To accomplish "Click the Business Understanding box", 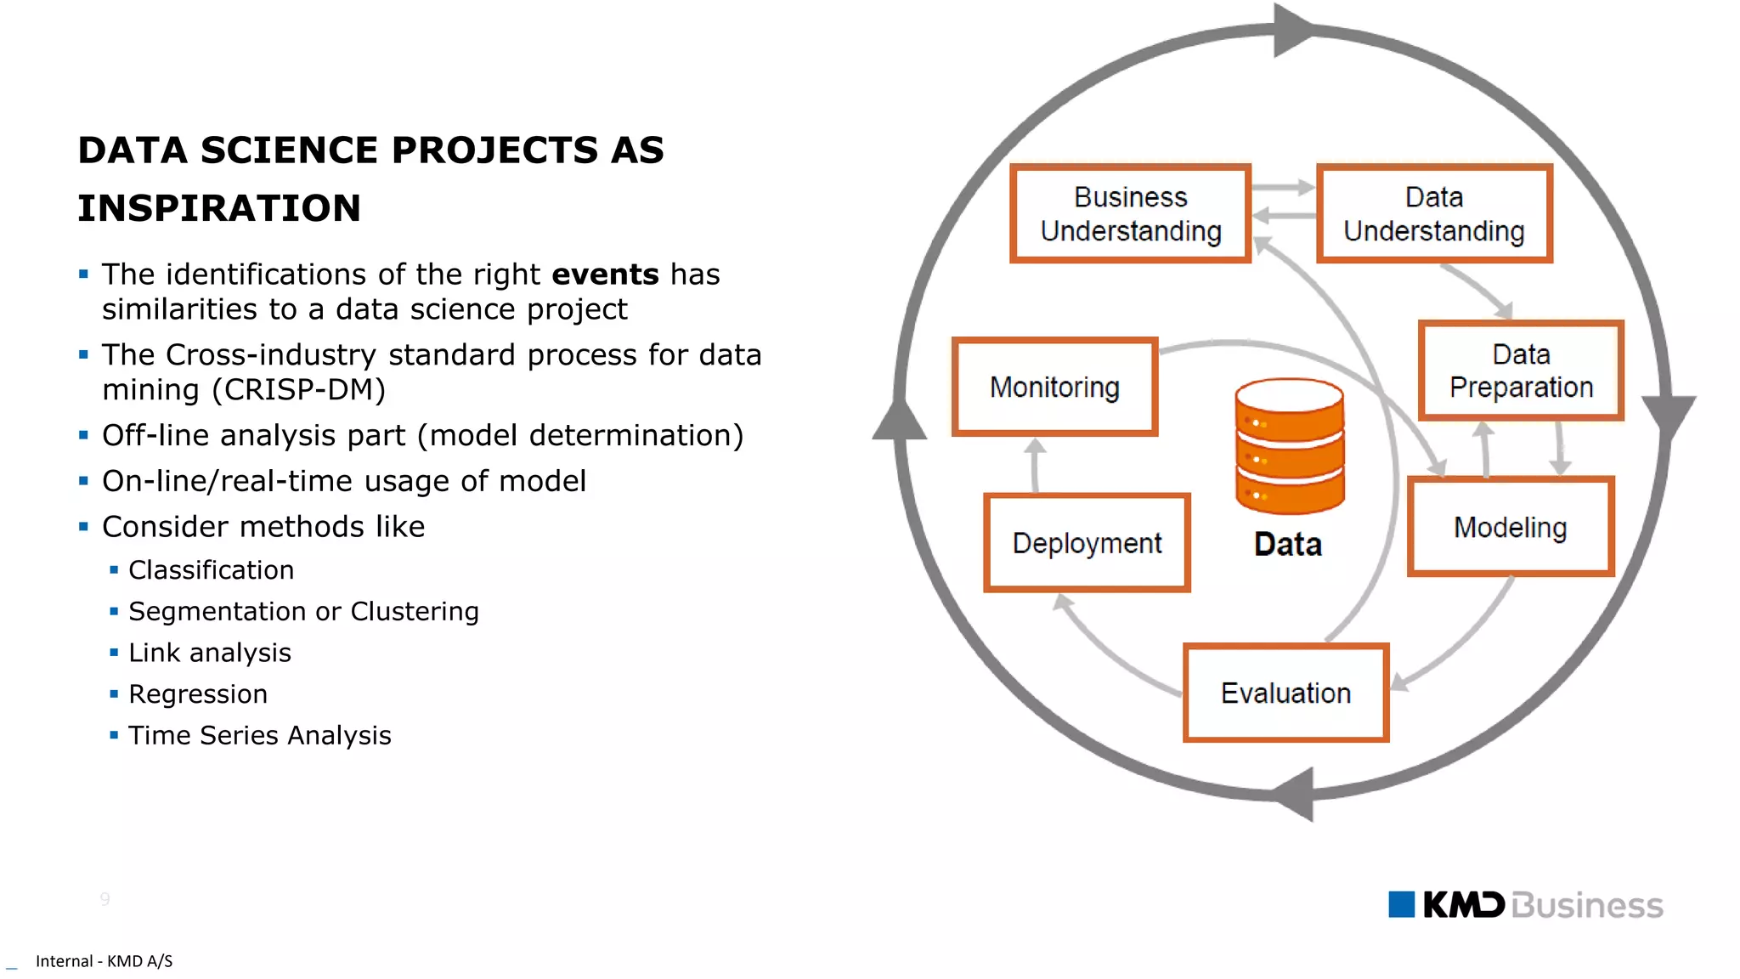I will (x=1130, y=213).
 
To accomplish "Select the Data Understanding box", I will (x=1434, y=213).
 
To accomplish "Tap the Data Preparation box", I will (x=1521, y=371).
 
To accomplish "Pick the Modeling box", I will (x=1510, y=527).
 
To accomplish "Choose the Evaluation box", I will (x=1285, y=693).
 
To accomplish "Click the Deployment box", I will (x=1087, y=542).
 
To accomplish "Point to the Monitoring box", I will (x=1054, y=387).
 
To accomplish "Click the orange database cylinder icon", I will (x=1290, y=446).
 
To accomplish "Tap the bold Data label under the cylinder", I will (x=1288, y=544).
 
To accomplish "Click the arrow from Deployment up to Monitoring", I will (x=1035, y=465).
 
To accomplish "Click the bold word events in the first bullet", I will (x=605, y=274).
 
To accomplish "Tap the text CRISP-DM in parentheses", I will (x=299, y=389).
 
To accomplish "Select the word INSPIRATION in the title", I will (x=219, y=208).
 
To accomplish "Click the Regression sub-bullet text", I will (x=198, y=694).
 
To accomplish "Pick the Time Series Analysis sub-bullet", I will (x=259, y=735).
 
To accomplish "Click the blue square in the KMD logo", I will (x=1401, y=904).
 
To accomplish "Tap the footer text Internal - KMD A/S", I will (x=104, y=961).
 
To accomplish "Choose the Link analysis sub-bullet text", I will (x=210, y=653).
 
